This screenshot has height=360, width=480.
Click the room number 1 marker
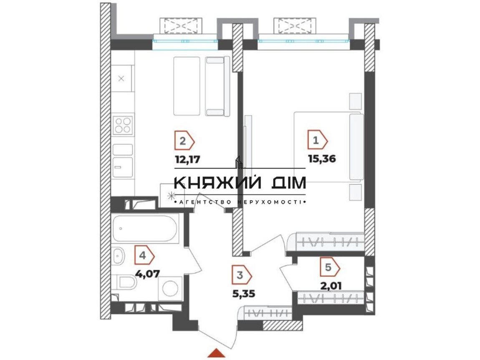click(x=318, y=141)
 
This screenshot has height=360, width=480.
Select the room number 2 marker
click(x=184, y=141)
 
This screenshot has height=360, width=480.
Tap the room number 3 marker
click(x=242, y=275)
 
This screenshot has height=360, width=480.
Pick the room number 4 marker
click(x=144, y=255)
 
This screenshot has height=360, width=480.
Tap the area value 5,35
click(x=243, y=294)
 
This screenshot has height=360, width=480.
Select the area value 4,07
click(x=148, y=273)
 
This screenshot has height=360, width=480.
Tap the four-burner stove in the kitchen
click(x=123, y=125)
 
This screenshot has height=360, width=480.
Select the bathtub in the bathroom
click(x=145, y=228)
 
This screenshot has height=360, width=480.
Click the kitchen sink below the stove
click(x=123, y=168)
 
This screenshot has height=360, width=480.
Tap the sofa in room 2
click(x=217, y=86)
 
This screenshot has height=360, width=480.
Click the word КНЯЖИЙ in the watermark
click(x=218, y=183)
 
